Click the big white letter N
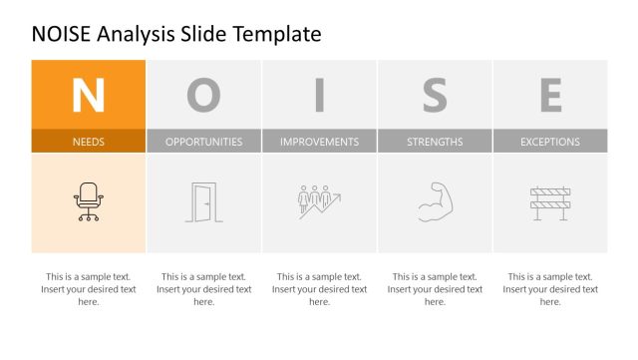[88, 95]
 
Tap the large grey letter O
[203, 95]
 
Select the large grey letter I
[319, 95]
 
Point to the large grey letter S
[435, 95]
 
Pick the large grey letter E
[550, 95]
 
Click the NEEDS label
[88, 142]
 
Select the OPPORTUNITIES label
[203, 142]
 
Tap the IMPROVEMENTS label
[319, 142]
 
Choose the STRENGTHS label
[435, 142]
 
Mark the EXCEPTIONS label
[550, 142]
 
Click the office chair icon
[88, 201]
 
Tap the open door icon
[203, 202]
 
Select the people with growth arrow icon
[319, 201]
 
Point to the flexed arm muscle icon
[435, 201]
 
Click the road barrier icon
[550, 202]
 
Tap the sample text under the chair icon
[88, 289]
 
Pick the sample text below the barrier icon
[550, 289]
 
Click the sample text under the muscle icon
[435, 289]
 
